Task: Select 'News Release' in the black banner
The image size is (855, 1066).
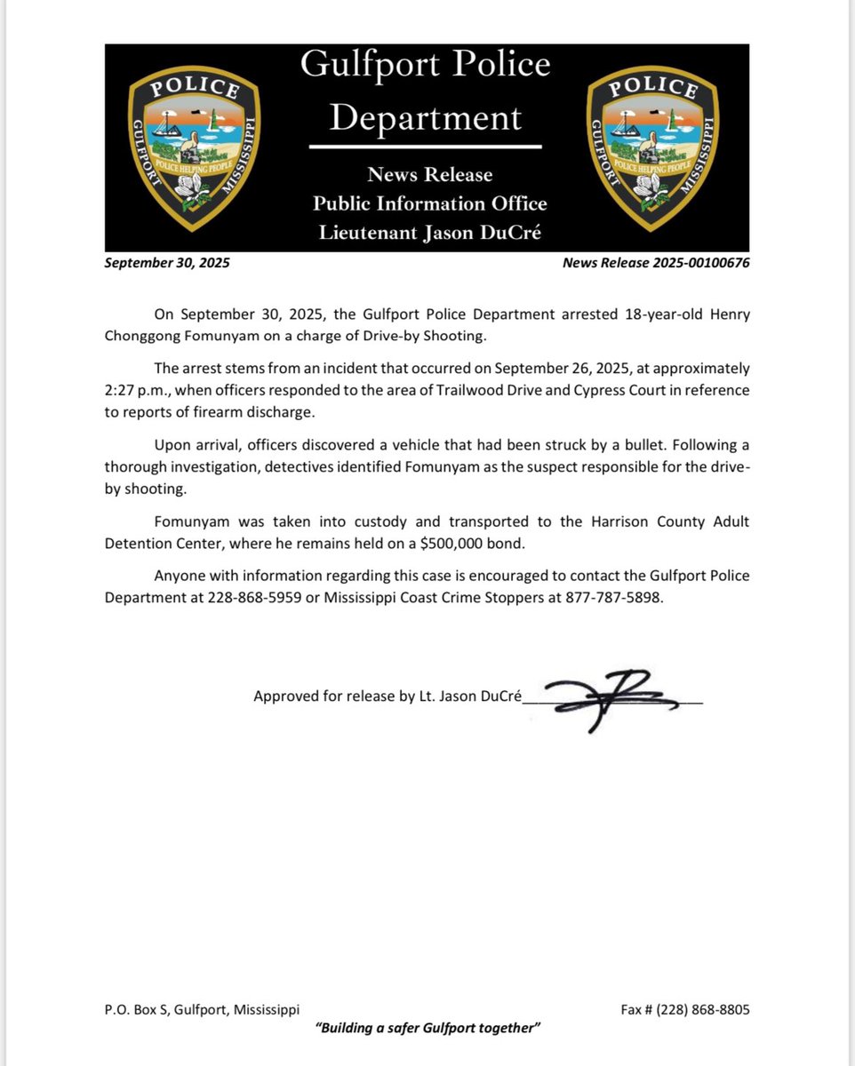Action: coord(429,175)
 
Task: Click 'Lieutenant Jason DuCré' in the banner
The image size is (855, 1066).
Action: coord(429,233)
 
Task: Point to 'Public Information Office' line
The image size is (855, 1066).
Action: coord(429,203)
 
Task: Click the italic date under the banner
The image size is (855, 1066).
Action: coord(167,263)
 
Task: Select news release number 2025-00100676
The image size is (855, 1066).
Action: coord(656,263)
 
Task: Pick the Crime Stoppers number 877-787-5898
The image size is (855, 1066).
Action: coord(613,598)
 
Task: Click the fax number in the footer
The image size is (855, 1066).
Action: coord(685,1010)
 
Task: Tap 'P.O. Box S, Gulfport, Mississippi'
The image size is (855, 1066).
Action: coord(202,1010)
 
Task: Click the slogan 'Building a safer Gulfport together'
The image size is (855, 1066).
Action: coord(428,1028)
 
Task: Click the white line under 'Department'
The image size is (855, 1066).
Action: coord(425,145)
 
